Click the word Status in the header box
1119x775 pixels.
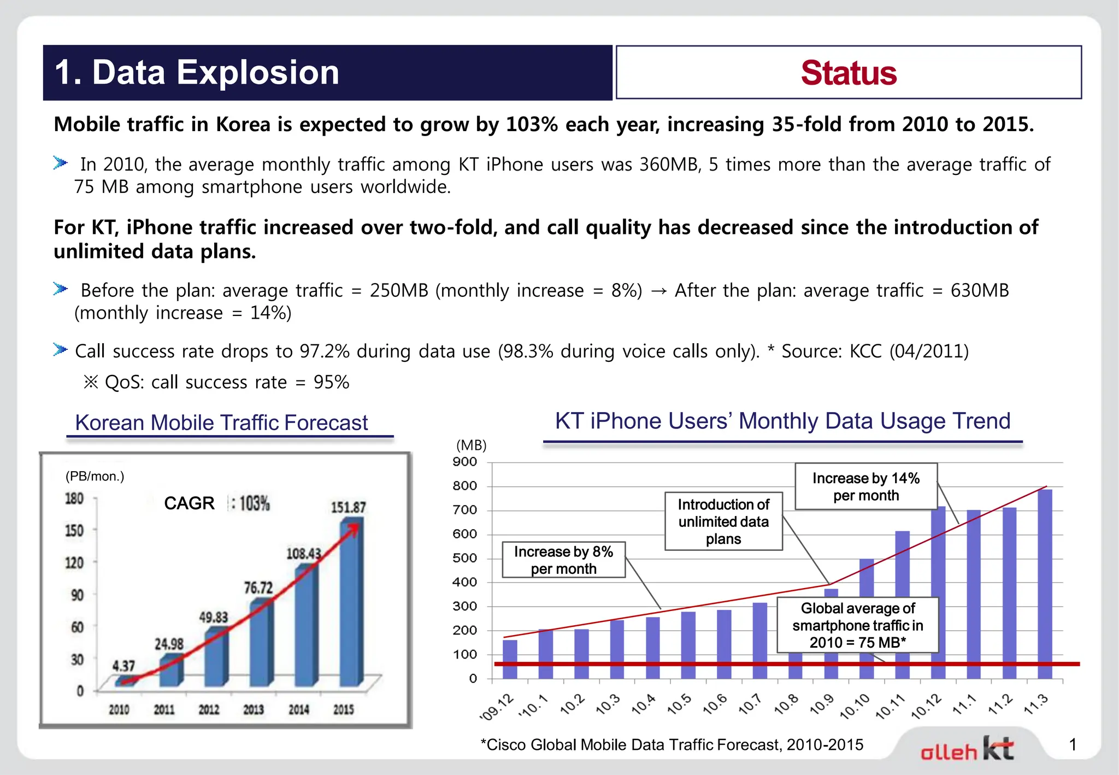tap(849, 73)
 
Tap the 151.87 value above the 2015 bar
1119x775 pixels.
tap(348, 507)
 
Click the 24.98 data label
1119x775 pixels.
tap(169, 644)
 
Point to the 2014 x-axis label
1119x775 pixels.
tap(298, 709)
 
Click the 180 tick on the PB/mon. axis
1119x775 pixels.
tap(74, 498)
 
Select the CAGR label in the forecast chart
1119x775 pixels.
tap(189, 503)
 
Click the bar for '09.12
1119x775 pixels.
tap(510, 659)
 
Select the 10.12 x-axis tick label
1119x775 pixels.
tap(927, 706)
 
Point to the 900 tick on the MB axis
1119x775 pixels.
tap(465, 462)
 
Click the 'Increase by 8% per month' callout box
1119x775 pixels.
tap(563, 560)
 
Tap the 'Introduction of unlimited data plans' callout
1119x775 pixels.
tap(723, 521)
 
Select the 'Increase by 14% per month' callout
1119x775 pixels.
tap(865, 486)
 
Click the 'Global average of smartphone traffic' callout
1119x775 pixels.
tap(857, 625)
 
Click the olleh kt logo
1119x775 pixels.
tap(967, 749)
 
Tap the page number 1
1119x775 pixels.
tap(1073, 744)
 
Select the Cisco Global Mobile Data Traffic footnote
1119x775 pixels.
tap(672, 744)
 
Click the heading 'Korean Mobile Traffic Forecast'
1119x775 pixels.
tap(221, 422)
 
